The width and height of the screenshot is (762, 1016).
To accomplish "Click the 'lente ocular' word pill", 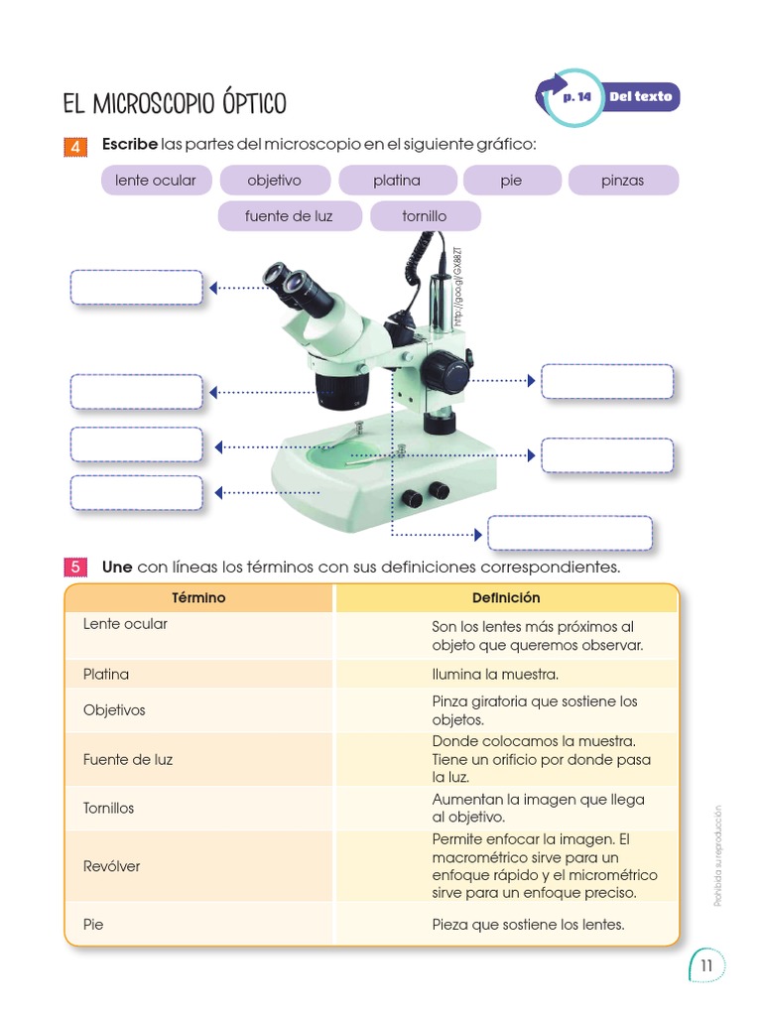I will [x=156, y=181].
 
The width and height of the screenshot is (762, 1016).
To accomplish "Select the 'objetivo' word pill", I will [x=274, y=181].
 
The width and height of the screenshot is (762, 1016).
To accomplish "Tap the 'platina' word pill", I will [x=397, y=181].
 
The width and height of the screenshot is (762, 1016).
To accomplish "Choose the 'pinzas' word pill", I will [x=622, y=181].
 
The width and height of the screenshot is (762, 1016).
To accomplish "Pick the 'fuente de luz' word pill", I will [x=289, y=216].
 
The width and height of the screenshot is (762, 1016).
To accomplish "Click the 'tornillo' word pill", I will [x=425, y=216].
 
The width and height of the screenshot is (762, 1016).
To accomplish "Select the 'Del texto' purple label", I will [x=641, y=97].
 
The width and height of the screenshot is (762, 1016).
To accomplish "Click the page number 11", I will [x=706, y=966].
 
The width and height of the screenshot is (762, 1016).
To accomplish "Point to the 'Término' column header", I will [x=198, y=598].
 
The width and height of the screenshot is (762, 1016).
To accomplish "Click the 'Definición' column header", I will [x=506, y=598].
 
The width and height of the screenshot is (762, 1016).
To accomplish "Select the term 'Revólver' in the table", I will [x=112, y=866].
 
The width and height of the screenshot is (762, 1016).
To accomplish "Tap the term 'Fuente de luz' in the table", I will [x=128, y=759].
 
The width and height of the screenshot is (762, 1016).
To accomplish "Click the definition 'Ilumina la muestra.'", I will [x=495, y=675].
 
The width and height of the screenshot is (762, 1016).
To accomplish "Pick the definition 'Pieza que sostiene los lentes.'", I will [x=528, y=925].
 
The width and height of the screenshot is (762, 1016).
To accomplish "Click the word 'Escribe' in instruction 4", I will [x=129, y=145].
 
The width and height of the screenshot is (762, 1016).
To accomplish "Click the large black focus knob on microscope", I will [x=444, y=374].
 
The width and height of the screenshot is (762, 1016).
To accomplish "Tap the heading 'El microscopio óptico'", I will [x=175, y=103].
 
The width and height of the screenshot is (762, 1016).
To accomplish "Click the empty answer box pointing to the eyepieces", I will [x=136, y=288].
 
